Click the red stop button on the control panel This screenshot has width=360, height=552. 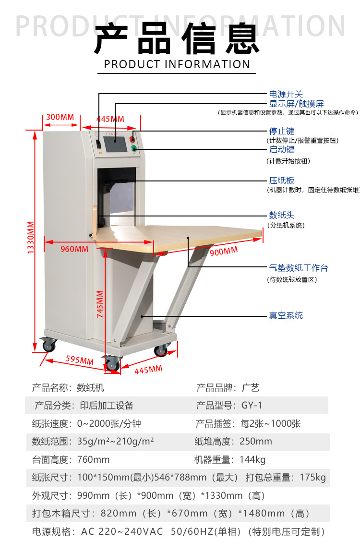133,139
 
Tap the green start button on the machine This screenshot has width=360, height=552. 134,149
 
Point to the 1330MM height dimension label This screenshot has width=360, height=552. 31,238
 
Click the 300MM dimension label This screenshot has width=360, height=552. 60,117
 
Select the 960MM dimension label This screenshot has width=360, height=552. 74,249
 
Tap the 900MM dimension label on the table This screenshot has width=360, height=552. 224,251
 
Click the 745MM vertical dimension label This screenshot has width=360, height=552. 100,304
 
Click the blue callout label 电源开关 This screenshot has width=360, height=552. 286,94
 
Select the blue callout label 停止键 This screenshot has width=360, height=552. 281,131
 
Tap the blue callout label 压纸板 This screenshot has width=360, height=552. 281,180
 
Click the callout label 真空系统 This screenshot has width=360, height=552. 286,315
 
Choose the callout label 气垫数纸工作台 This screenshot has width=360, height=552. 298,268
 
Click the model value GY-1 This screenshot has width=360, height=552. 252,406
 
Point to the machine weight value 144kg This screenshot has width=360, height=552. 252,459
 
